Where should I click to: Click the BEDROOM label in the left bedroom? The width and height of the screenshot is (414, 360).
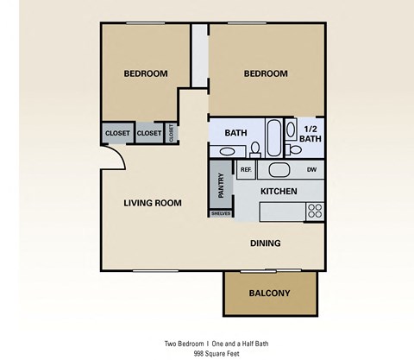click(x=145, y=74)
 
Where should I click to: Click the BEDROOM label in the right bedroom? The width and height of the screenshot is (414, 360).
click(x=265, y=74)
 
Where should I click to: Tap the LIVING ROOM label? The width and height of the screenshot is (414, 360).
click(x=152, y=203)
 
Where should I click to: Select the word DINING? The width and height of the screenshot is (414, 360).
click(x=266, y=243)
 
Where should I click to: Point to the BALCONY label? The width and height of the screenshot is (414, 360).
click(x=269, y=294)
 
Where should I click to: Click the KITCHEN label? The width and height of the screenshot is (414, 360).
click(x=279, y=191)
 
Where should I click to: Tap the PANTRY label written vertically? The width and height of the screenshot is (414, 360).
click(x=221, y=185)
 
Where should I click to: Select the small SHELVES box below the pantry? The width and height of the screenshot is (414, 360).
click(x=221, y=213)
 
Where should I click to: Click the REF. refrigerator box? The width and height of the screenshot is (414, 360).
click(x=245, y=170)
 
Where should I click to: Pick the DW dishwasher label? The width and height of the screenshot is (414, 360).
click(x=310, y=170)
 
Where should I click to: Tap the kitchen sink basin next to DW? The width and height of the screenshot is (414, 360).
click(x=279, y=170)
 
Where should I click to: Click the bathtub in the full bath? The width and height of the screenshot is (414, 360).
click(x=273, y=136)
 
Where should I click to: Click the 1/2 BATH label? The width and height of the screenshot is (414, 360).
click(x=312, y=134)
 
